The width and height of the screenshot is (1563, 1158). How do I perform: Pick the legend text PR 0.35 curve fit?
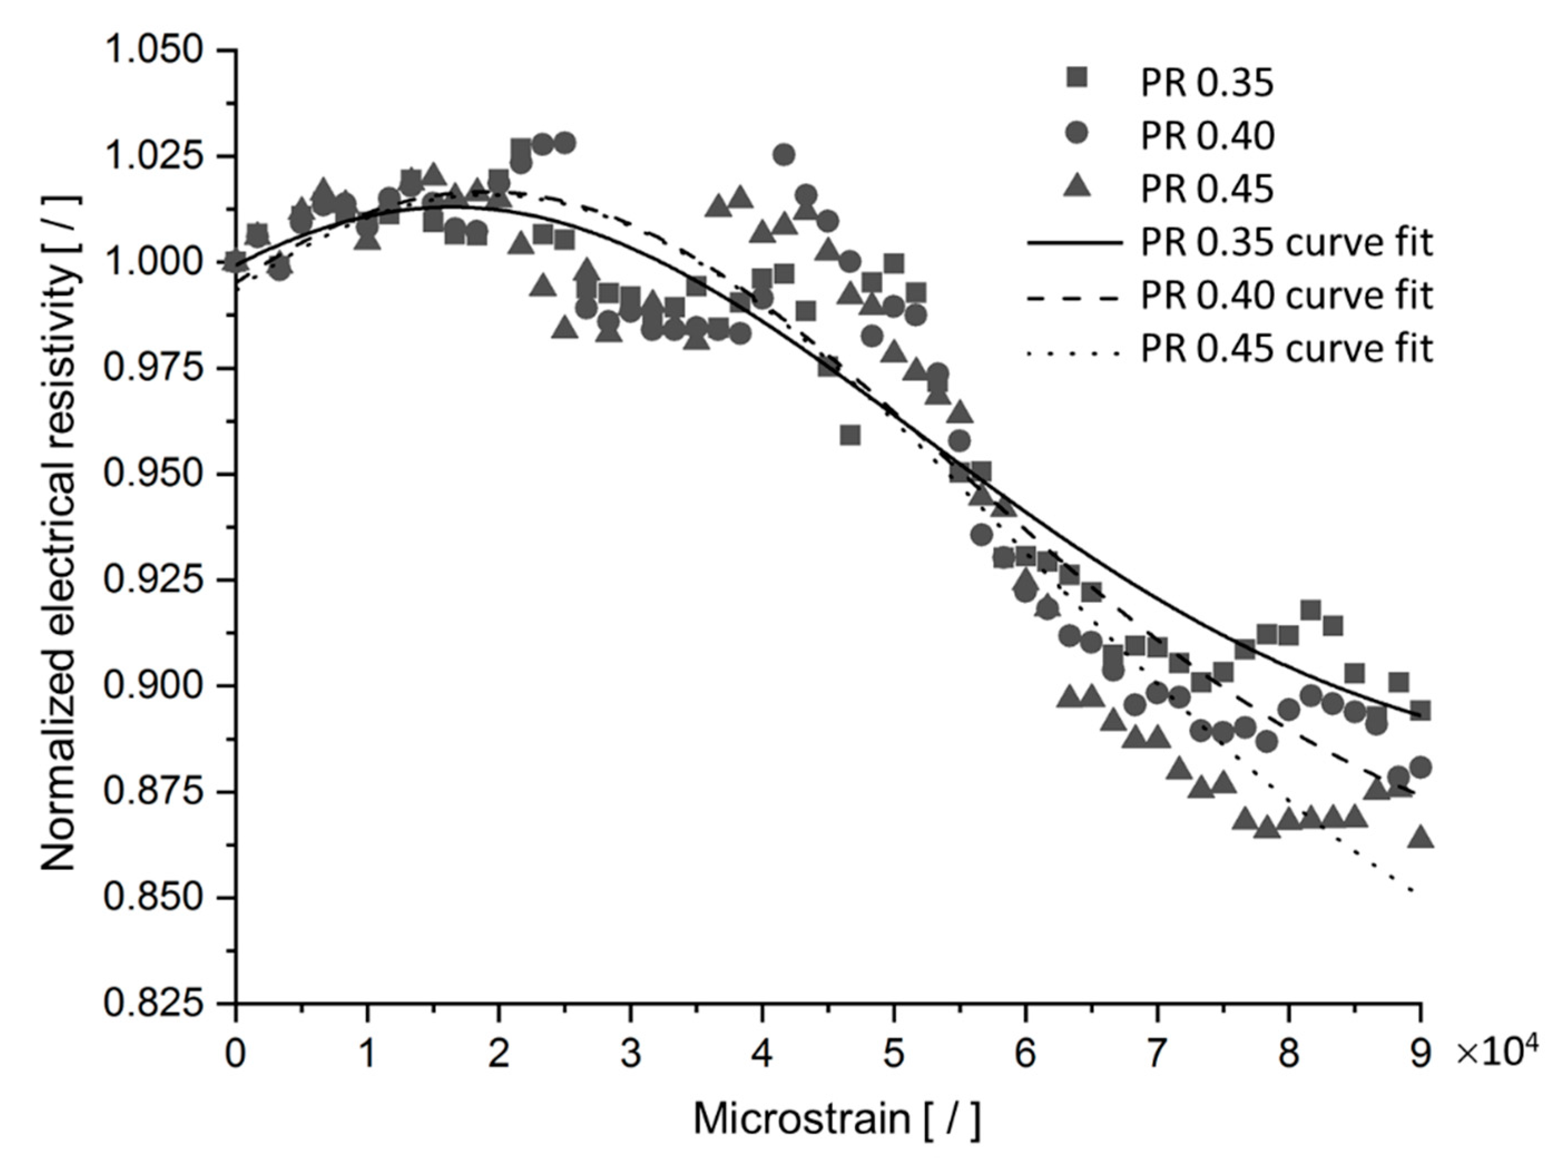(1286, 243)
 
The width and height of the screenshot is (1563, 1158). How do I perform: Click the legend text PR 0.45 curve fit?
(1286, 349)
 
